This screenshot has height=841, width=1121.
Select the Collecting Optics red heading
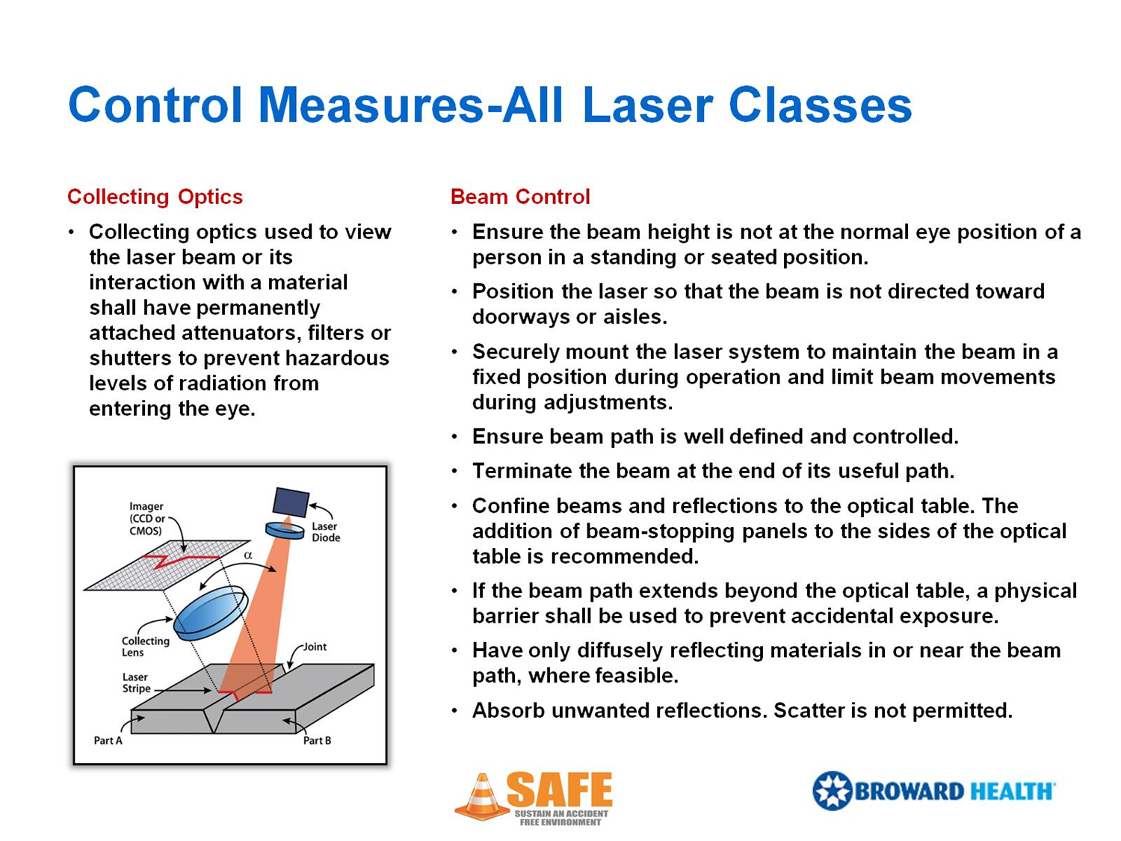[x=155, y=197]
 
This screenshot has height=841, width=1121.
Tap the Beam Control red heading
[x=520, y=197]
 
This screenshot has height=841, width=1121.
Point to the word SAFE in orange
[x=560, y=789]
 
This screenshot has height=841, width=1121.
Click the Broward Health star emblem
[x=832, y=791]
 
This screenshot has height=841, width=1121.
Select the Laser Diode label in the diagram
[x=325, y=532]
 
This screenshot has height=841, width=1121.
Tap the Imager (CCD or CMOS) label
[x=146, y=518]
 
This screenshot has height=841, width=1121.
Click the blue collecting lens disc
[x=210, y=612]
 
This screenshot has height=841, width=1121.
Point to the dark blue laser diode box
[x=291, y=502]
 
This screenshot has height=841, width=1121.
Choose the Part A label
[x=108, y=740]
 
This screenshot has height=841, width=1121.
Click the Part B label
[x=317, y=740]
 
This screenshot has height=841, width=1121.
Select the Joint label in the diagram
[x=315, y=647]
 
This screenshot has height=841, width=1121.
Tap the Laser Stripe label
[x=135, y=683]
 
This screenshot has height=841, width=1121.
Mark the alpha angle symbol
[x=248, y=555]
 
